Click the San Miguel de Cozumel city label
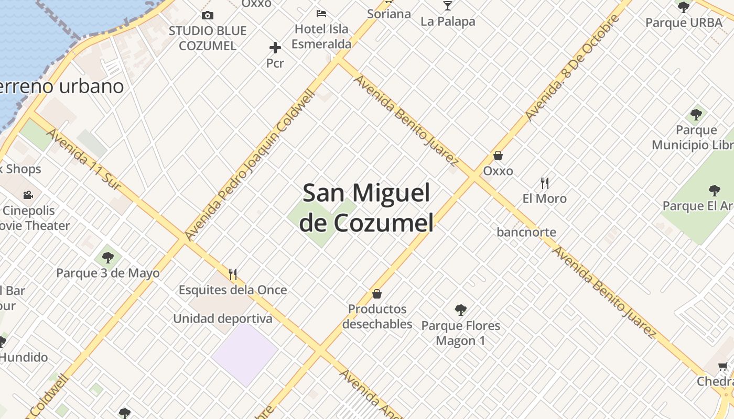(366, 208)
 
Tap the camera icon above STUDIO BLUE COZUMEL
(208, 15)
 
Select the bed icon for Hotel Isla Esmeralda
(321, 13)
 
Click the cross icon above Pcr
(275, 48)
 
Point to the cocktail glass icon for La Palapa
(447, 6)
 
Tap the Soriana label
(388, 14)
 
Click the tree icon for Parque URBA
(683, 7)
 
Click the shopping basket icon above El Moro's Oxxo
(498, 156)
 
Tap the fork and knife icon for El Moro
(545, 183)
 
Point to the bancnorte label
(526, 232)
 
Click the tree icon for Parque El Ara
(714, 190)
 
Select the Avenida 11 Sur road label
(84, 159)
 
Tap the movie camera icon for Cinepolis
(28, 195)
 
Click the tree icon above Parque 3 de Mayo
(108, 257)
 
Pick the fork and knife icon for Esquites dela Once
(233, 274)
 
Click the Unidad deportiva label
(223, 318)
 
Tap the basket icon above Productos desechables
(376, 294)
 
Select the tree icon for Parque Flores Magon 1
(460, 310)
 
